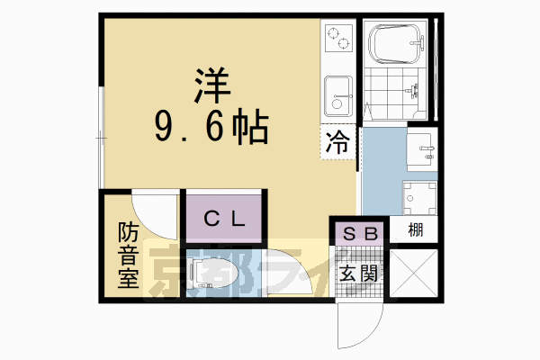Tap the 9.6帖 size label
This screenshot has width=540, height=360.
click(211, 130)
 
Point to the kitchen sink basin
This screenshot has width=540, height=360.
click(338, 92)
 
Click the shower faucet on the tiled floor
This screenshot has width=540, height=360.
click(414, 88)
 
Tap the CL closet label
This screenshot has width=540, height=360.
click(223, 219)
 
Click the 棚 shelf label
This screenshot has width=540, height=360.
click(415, 230)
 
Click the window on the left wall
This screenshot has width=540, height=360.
click(100, 135)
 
